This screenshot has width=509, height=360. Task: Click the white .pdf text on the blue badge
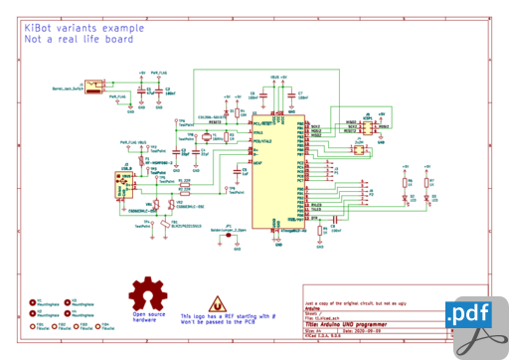pos(470,314)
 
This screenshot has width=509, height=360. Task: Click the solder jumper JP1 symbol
pos(227,232)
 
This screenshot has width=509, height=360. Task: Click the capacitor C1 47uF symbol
pos(142,92)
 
